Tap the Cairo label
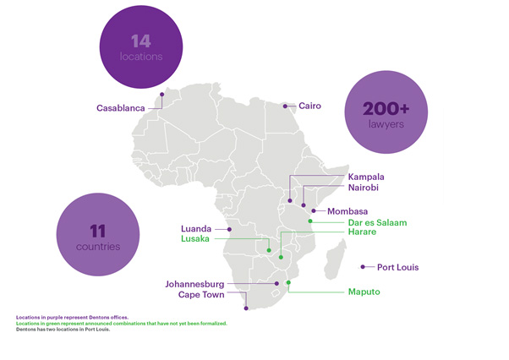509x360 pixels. coord(309,106)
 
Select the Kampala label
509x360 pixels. coord(366,177)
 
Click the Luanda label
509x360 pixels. coord(198,228)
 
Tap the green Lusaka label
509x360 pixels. coord(198,239)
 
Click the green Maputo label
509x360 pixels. coord(364,292)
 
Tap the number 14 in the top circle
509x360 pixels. coord(140,40)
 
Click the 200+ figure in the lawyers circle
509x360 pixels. coord(386,108)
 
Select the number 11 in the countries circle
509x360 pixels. coord(96,230)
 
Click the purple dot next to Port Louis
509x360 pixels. coord(363,267)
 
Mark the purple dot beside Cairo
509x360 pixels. coord(285,106)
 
